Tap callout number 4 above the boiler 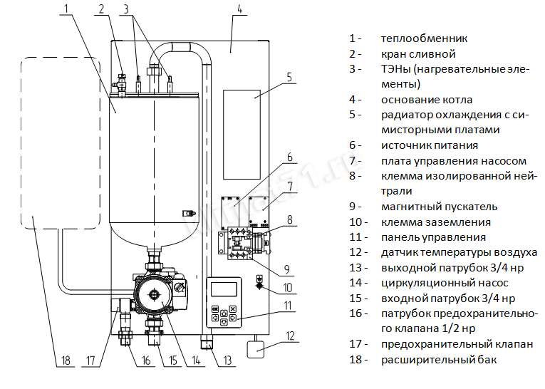coord(239,9)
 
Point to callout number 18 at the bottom coord(66,360)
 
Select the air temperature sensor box coord(254,349)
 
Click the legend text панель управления coord(433,237)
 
